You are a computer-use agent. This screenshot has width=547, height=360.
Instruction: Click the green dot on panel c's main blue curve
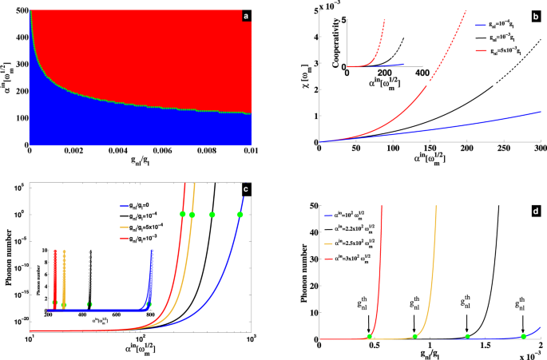[240, 214]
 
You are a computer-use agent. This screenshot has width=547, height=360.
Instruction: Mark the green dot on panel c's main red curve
[183, 214]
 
